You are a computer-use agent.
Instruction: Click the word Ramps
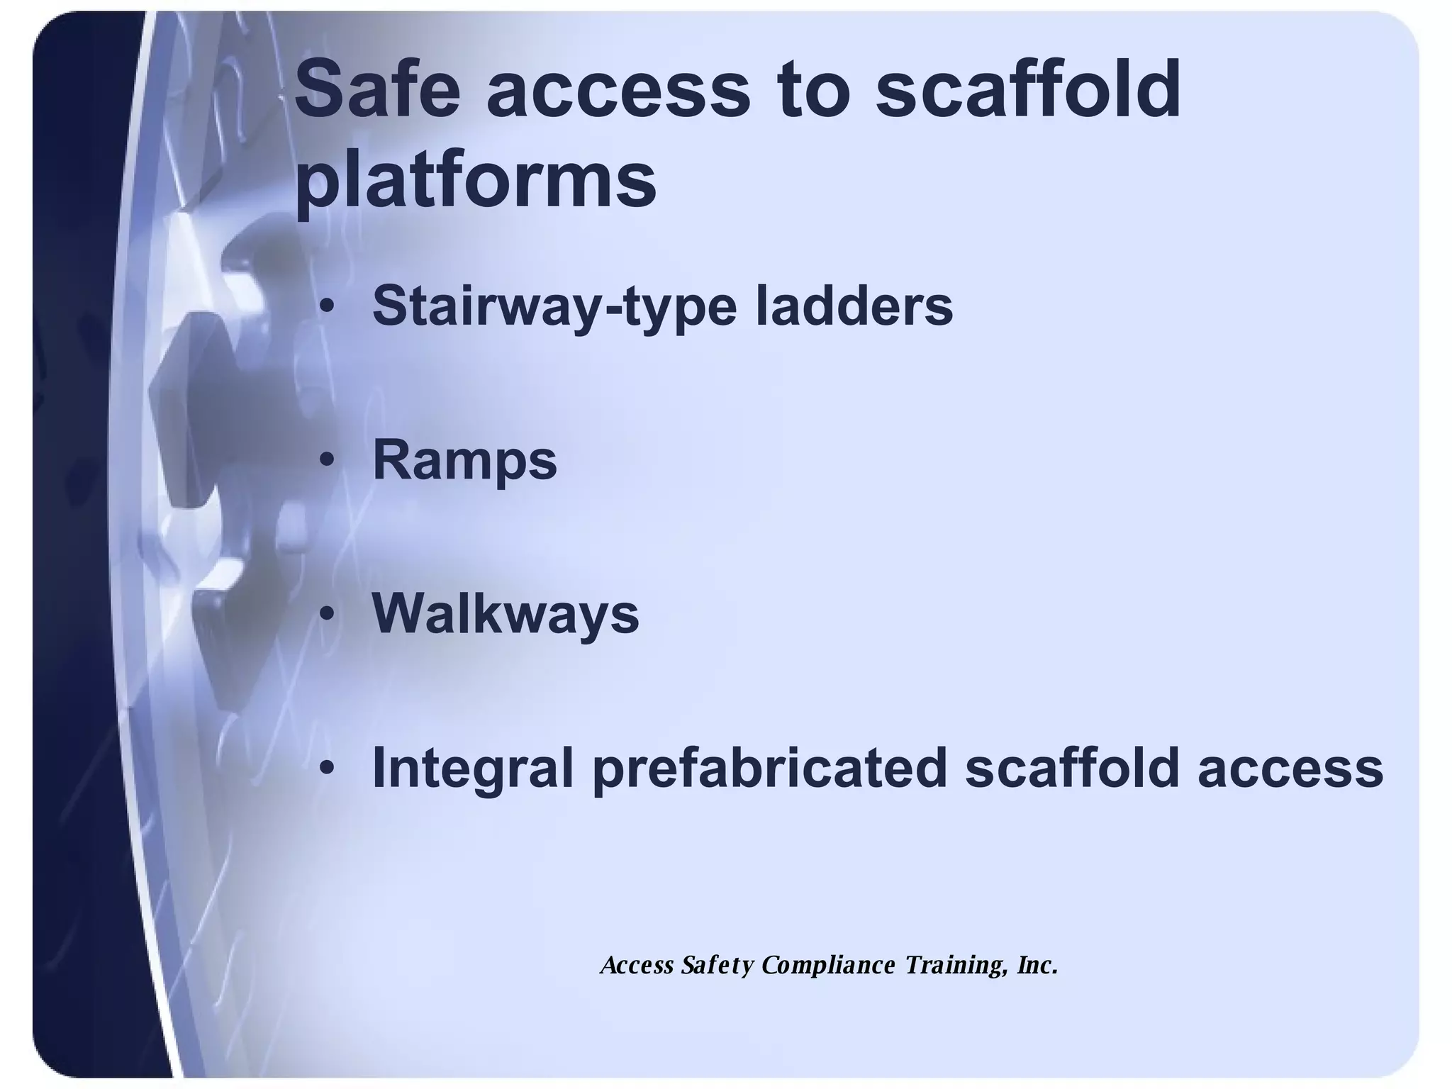[x=464, y=462]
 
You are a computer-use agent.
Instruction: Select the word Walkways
[x=506, y=614]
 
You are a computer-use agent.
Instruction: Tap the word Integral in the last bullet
[x=472, y=768]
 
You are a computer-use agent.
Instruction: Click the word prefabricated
[x=770, y=768]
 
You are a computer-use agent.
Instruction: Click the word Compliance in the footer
[x=829, y=966]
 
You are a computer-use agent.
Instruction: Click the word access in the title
[x=618, y=91]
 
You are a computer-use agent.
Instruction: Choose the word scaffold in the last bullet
[x=1071, y=768]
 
